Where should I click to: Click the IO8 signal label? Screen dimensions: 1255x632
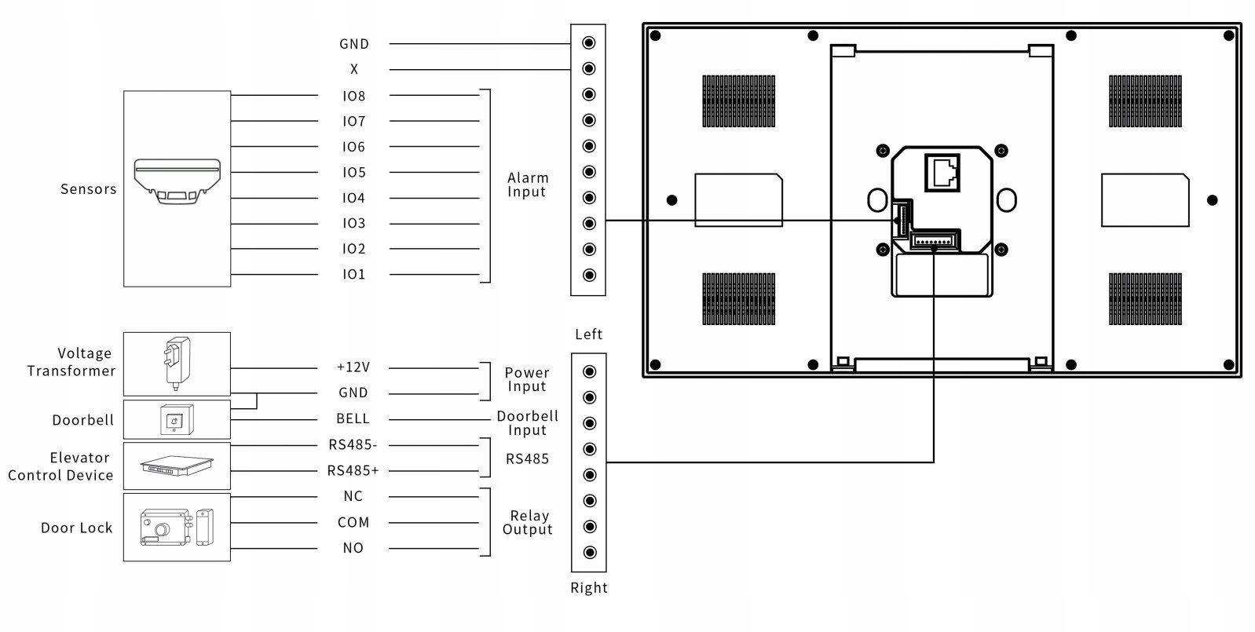coord(354,96)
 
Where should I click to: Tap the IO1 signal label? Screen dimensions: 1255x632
coord(354,274)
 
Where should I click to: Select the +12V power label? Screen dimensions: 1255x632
coord(353,367)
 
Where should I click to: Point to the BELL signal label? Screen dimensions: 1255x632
coord(353,418)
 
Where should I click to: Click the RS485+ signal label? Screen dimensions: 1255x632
coord(353,470)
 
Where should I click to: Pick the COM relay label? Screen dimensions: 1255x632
coord(353,522)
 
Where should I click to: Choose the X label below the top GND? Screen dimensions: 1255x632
coord(354,69)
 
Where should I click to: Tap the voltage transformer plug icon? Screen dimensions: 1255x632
coord(177,363)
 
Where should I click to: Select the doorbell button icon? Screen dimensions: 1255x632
coord(177,420)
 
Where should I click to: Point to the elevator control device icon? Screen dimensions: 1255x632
coord(177,466)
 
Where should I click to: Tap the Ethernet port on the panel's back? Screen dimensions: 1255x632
coord(942,172)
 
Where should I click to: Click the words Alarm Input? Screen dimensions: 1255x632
coord(528,185)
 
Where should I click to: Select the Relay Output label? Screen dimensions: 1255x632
coord(528,522)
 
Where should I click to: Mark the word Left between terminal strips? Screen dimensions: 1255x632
coord(589,334)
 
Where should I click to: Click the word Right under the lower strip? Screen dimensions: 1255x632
coord(589,588)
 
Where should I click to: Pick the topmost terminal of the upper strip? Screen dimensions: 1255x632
coord(589,42)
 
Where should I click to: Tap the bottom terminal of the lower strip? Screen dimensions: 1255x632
coord(589,553)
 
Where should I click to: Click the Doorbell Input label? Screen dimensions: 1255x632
coord(528,423)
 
